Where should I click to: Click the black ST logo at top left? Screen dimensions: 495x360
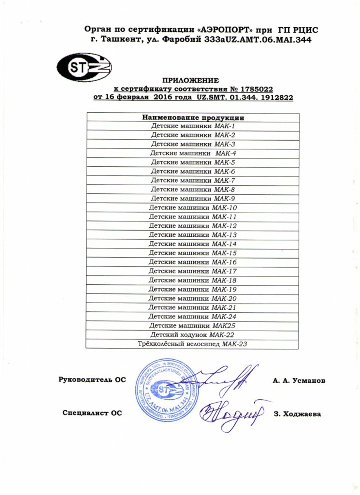point(84,67)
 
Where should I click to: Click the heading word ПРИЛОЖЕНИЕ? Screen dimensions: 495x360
point(190,80)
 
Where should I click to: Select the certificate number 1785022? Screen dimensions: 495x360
point(256,89)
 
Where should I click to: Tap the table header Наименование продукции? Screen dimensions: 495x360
point(193,118)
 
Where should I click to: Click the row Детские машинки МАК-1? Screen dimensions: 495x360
point(193,126)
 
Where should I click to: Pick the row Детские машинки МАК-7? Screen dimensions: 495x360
point(193,181)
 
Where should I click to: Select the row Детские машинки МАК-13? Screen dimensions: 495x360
point(193,235)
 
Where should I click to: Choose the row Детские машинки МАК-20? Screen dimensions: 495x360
point(193,299)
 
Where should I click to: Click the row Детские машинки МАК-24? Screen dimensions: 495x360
point(193,317)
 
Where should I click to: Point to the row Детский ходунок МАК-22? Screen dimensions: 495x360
point(193,335)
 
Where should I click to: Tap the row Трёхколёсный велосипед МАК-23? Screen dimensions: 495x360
point(193,344)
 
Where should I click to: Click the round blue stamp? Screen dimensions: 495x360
point(165,390)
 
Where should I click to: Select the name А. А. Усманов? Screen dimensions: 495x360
point(299,381)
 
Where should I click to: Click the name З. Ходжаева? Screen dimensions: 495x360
point(297,414)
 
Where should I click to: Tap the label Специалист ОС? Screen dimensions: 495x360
point(92,413)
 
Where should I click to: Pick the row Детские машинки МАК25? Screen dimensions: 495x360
point(193,326)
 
